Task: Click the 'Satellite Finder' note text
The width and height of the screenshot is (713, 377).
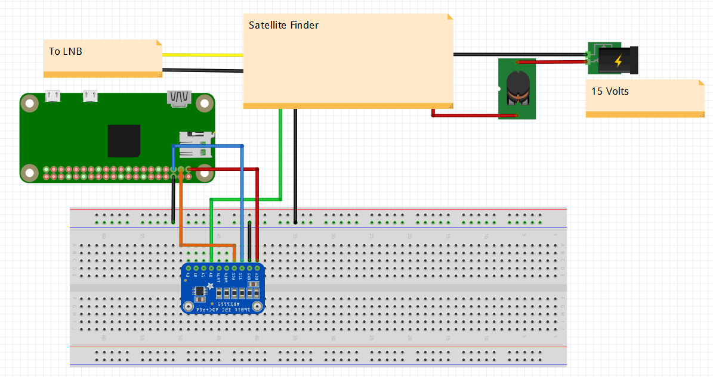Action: (283, 26)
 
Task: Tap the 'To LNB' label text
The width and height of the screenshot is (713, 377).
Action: (66, 52)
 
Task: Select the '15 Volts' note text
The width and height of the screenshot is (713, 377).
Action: (610, 92)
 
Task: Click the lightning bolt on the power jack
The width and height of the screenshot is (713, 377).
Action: (618, 61)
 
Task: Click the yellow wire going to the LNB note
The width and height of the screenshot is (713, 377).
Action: (203, 55)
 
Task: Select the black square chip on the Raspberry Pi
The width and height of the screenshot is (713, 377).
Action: (124, 141)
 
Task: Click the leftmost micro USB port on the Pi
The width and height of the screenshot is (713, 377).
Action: (53, 95)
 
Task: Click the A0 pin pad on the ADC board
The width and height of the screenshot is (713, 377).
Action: (211, 268)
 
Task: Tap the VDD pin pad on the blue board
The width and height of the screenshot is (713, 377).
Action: (257, 268)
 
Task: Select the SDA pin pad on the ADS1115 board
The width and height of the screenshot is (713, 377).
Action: (234, 268)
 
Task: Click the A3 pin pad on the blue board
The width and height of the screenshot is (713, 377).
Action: (188, 268)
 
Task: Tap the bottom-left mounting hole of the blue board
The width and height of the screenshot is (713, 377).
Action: (189, 307)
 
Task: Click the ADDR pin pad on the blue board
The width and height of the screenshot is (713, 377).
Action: (226, 268)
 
